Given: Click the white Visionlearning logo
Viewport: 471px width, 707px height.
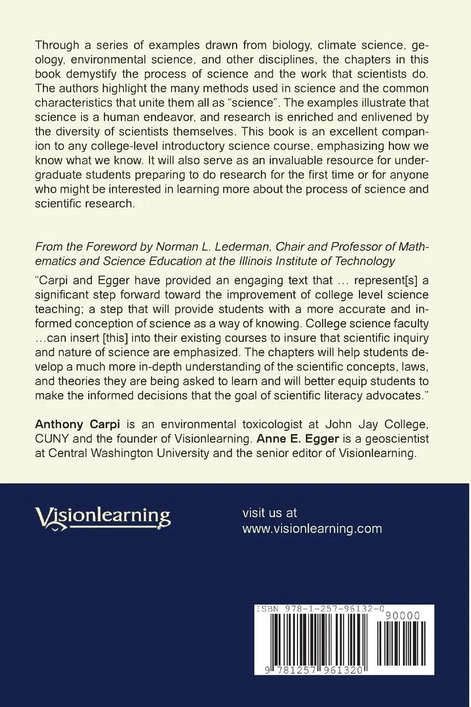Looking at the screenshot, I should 103,518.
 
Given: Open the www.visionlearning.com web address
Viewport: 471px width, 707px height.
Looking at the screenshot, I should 312,528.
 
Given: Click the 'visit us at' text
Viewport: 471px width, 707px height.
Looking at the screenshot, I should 270,513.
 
